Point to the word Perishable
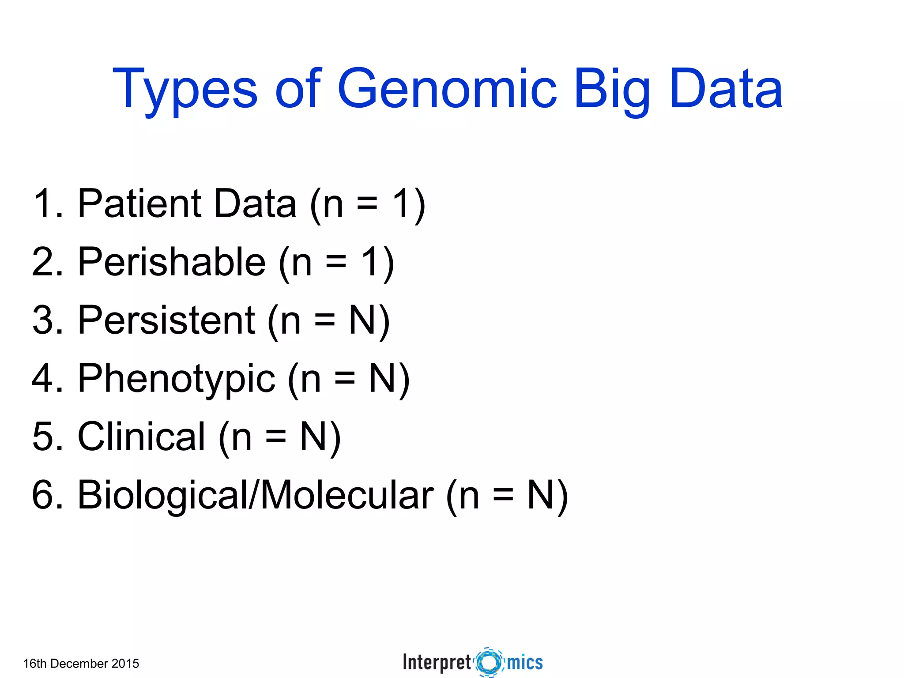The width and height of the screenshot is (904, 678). tap(171, 262)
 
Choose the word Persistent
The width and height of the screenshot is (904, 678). tap(166, 320)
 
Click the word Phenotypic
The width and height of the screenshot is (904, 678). tap(177, 379)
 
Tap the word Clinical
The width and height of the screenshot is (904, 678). tap(141, 437)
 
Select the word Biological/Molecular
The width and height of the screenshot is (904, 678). tap(255, 495)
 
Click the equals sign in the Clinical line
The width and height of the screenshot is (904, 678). tap(276, 437)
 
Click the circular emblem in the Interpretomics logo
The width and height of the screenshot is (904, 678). tap(489, 662)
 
